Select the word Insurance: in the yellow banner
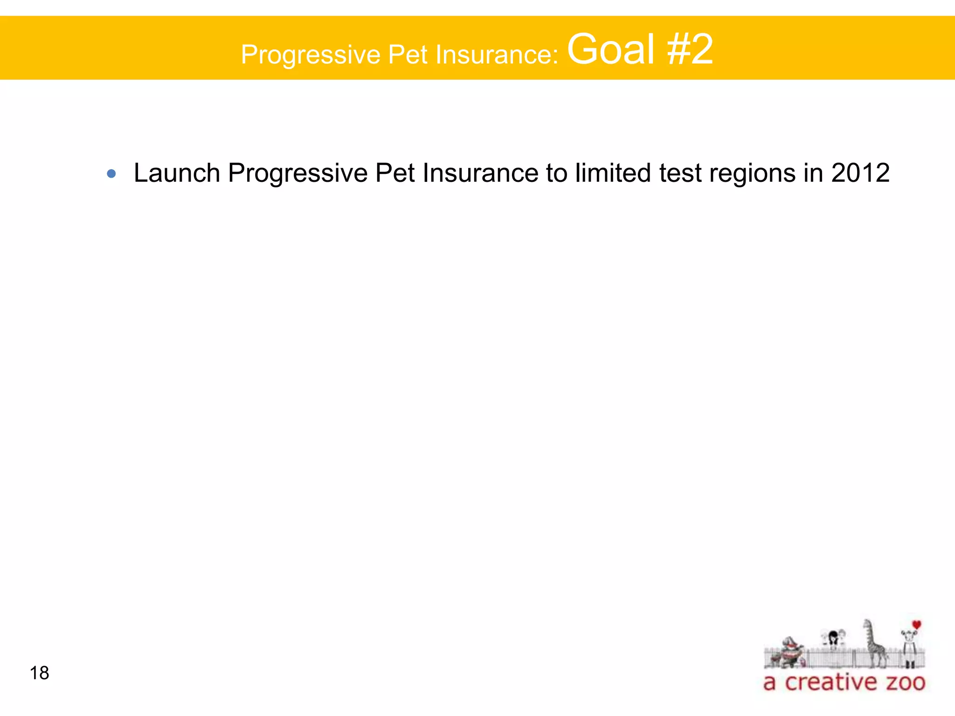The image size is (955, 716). coord(497,54)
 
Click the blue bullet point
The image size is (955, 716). coord(111,174)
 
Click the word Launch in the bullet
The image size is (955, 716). coord(177,173)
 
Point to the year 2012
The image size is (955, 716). coord(860,173)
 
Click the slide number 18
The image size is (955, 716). coord(39,673)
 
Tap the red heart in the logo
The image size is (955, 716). coord(916,625)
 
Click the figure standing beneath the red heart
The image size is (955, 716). coord(908,646)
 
